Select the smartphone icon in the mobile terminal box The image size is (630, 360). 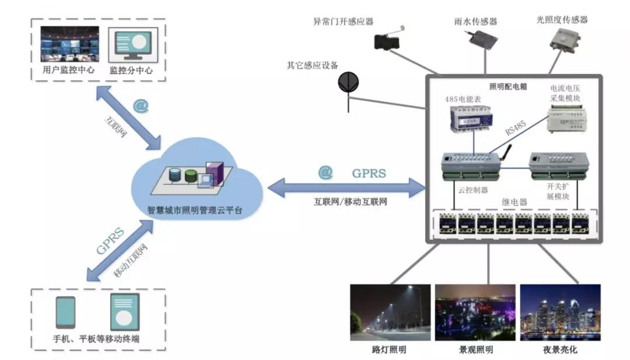point(65,312)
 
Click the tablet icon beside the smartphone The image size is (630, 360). point(124,312)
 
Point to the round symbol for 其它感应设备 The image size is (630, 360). point(348,82)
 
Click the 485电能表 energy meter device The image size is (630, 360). point(470,121)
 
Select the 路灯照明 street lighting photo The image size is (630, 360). point(390,312)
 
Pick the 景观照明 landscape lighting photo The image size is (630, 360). point(475,312)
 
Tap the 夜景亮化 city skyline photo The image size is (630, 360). point(559,312)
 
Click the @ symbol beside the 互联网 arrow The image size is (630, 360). point(141,106)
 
